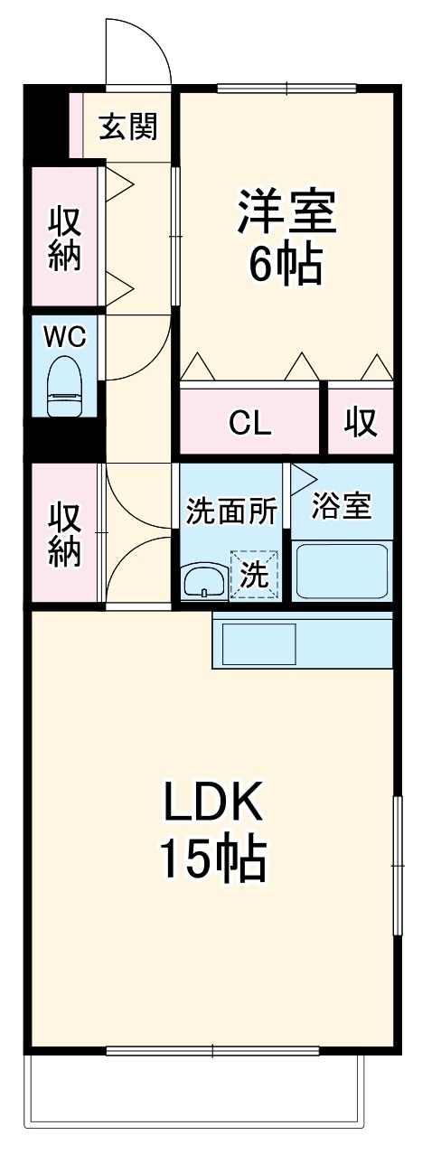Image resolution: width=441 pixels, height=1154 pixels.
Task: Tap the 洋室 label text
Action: (x=286, y=211)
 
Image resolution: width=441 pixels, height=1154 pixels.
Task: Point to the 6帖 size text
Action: (x=286, y=264)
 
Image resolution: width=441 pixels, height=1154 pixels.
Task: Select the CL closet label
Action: (x=249, y=422)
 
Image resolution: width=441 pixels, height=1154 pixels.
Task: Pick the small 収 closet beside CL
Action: (x=361, y=422)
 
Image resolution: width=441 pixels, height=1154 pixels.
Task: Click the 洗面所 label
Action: (x=231, y=511)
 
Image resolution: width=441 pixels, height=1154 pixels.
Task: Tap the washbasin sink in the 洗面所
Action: (x=205, y=582)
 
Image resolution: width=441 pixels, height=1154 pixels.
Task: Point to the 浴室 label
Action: (x=341, y=505)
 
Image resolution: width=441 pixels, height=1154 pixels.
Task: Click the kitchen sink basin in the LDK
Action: (x=258, y=644)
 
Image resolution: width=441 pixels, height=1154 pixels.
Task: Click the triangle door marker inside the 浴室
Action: (x=303, y=480)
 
